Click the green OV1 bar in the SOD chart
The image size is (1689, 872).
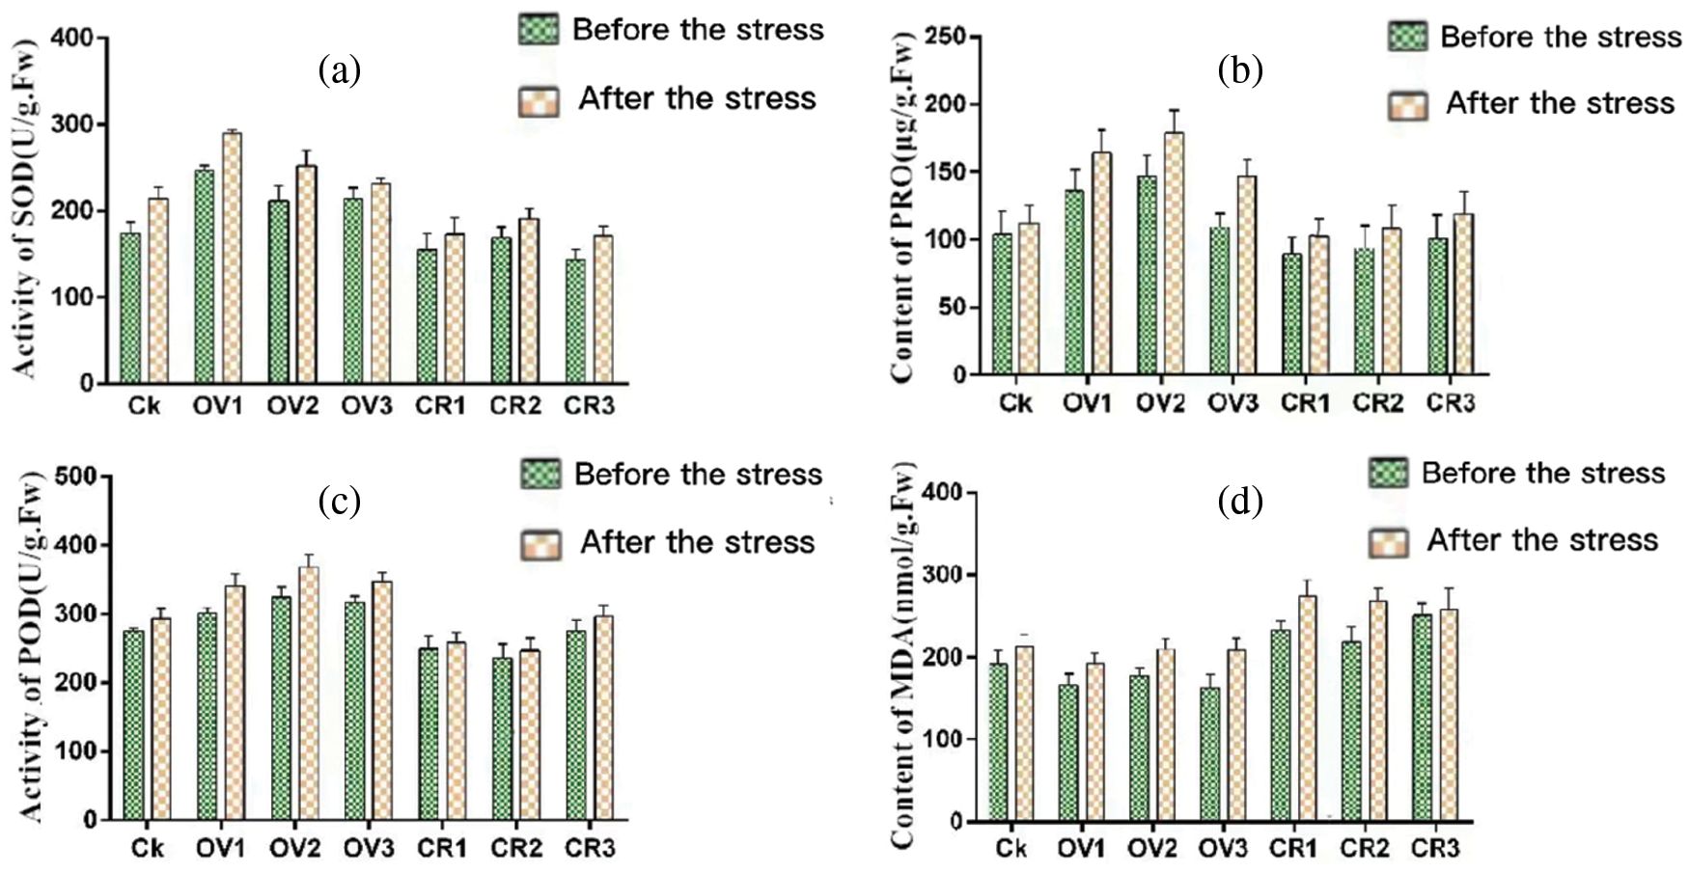click(x=204, y=276)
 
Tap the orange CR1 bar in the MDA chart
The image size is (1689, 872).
click(x=1308, y=708)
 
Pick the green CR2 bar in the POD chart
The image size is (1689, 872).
click(x=502, y=738)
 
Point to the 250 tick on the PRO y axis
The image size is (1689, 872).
click(x=945, y=37)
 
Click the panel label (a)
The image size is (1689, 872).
click(x=339, y=70)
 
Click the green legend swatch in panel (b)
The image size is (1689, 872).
click(x=1408, y=37)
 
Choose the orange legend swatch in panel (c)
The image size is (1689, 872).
click(x=541, y=544)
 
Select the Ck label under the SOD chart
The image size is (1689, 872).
click(x=144, y=406)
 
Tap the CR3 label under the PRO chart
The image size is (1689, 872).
click(x=1451, y=402)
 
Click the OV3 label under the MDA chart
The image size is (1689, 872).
click(x=1223, y=848)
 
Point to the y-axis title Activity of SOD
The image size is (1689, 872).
click(x=23, y=208)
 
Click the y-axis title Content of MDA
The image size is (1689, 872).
click(x=903, y=656)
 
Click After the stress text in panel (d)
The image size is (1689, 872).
click(x=1542, y=540)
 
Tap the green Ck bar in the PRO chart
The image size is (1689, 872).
click(x=1003, y=303)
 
